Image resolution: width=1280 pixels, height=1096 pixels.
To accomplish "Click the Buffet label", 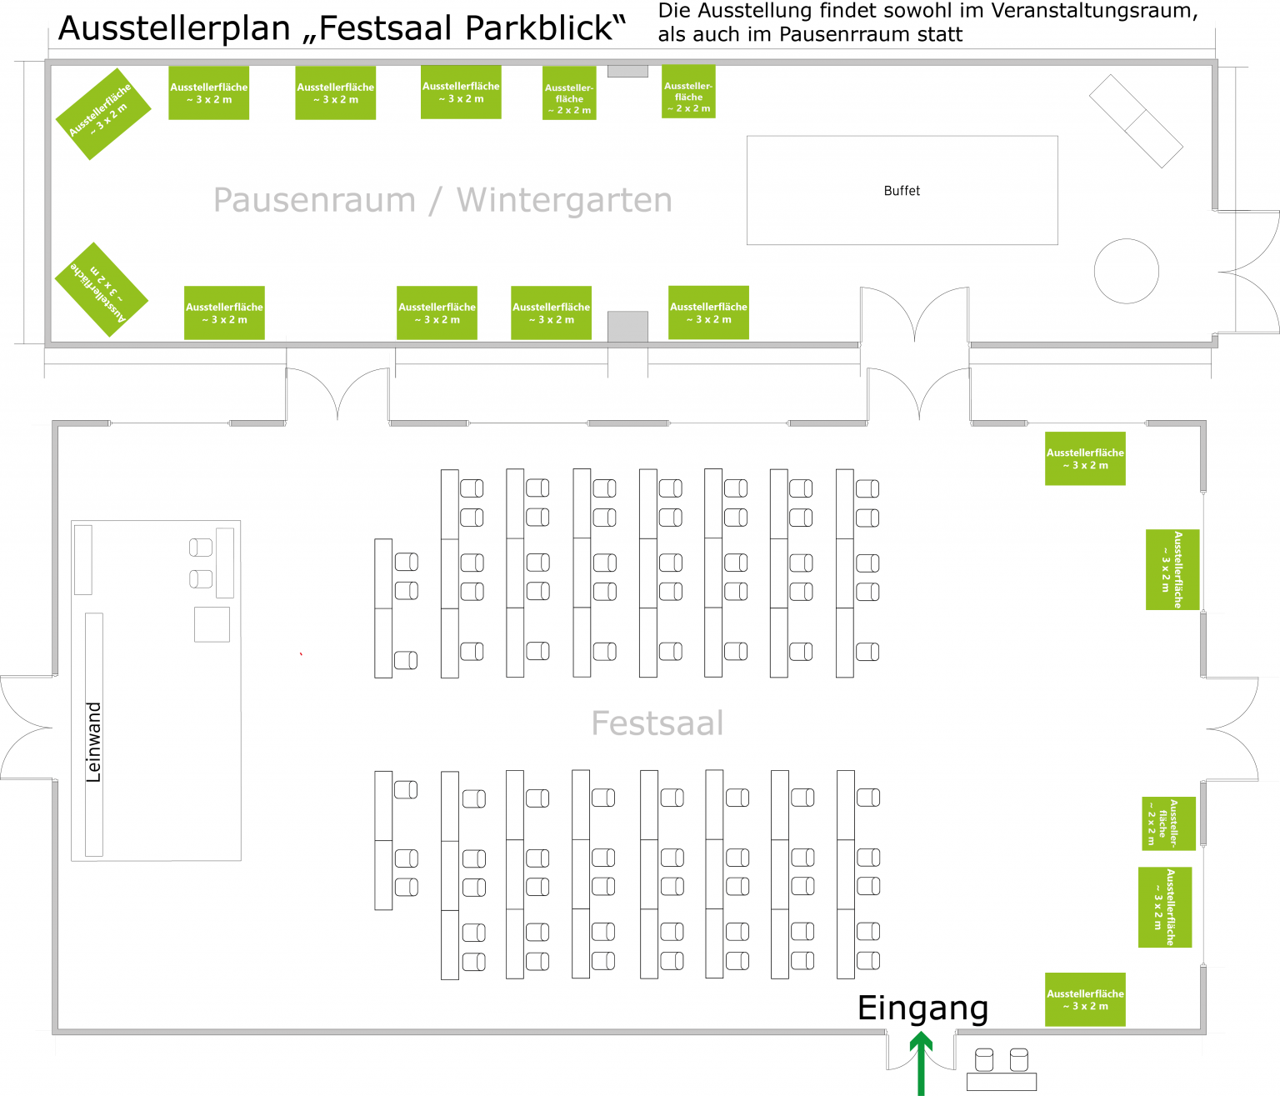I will point(902,191).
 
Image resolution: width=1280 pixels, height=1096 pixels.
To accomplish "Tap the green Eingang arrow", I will point(921,1063).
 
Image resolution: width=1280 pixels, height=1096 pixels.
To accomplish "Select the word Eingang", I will point(922,1008).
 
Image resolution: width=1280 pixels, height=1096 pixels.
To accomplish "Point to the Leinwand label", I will point(93,742).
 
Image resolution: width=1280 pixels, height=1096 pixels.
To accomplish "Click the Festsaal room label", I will point(657,723).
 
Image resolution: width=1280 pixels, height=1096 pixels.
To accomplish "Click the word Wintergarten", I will point(564,200).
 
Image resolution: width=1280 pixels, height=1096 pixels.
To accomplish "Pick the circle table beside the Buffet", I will point(1126,271).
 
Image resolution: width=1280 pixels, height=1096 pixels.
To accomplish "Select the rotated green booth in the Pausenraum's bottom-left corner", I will point(101,289).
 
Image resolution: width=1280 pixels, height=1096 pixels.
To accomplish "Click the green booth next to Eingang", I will point(1085,999).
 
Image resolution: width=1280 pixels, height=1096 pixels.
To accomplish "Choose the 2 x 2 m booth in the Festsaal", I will point(1168,823).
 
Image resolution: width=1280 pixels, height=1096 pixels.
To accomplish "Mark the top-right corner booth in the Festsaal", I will point(1085,458).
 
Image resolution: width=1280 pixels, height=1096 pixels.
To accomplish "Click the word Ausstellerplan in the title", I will point(173,29).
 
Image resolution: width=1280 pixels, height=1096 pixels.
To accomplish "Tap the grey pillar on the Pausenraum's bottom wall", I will point(627,326).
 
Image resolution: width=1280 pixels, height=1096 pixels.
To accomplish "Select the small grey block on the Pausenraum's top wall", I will point(627,72).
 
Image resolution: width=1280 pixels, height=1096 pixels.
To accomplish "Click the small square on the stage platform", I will point(212,624).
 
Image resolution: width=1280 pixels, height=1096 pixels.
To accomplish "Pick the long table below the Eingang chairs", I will point(1001,1082).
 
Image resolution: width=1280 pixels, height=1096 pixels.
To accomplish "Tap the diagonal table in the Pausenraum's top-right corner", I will point(1136,122).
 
